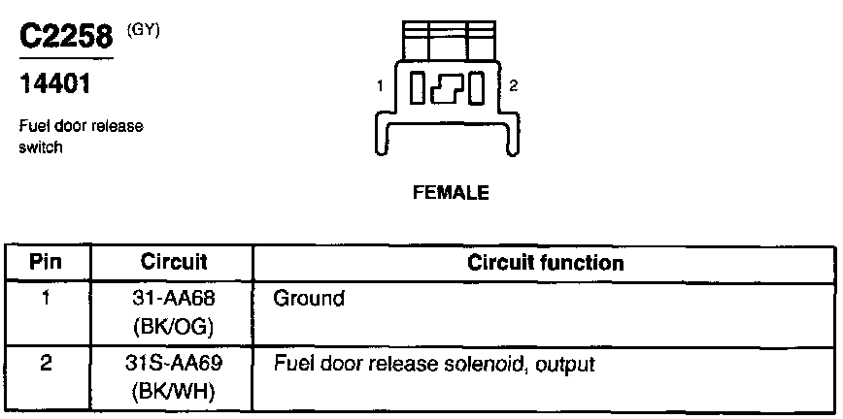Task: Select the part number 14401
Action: pyautogui.click(x=55, y=84)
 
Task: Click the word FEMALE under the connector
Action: pyautogui.click(x=451, y=193)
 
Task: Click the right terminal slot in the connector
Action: pyautogui.click(x=476, y=90)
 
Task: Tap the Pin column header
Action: pyautogui.click(x=47, y=262)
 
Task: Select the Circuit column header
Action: pyautogui.click(x=174, y=262)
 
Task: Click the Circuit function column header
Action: pyautogui.click(x=545, y=262)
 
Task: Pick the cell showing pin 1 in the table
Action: pyautogui.click(x=47, y=298)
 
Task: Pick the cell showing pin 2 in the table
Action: pyautogui.click(x=47, y=365)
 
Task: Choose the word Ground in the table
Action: pyautogui.click(x=309, y=299)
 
